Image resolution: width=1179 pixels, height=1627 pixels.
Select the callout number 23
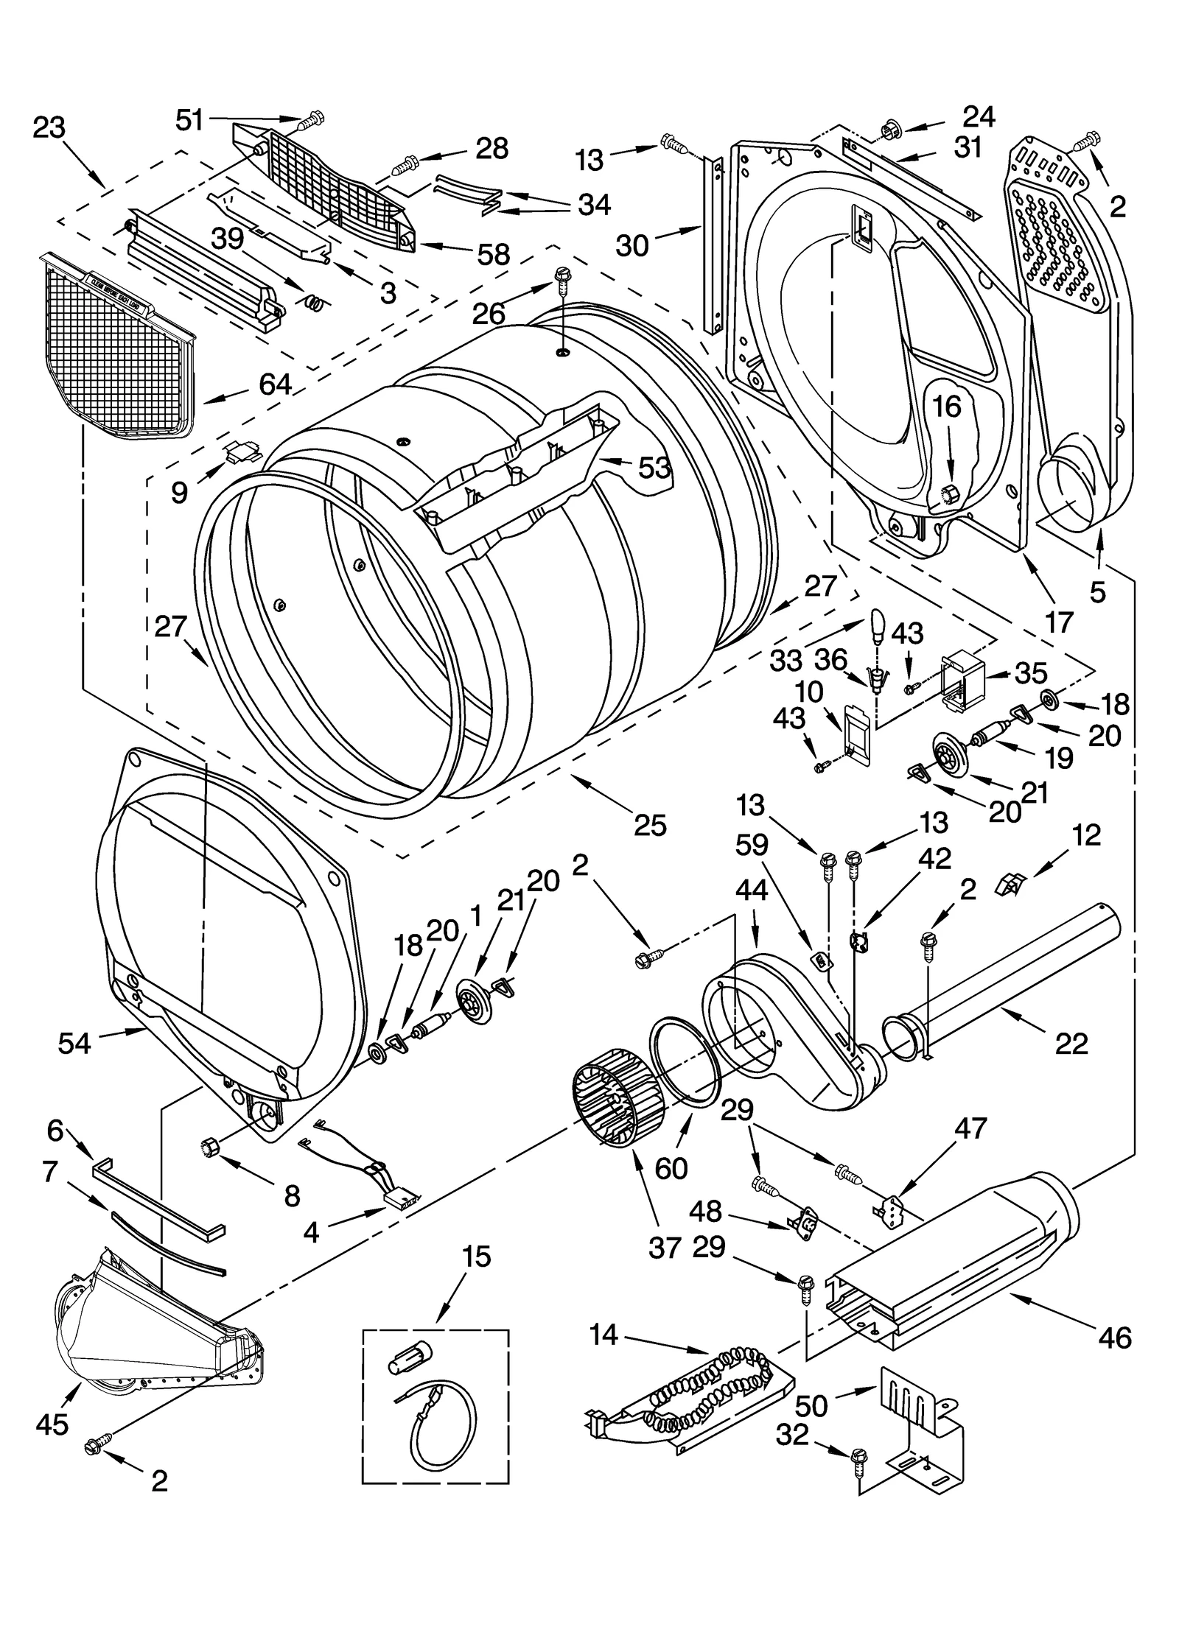tap(49, 128)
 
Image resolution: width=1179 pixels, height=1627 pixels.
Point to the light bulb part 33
tap(877, 625)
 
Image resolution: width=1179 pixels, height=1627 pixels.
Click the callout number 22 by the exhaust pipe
tap(1071, 1044)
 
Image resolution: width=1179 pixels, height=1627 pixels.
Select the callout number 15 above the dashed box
tap(477, 1257)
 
